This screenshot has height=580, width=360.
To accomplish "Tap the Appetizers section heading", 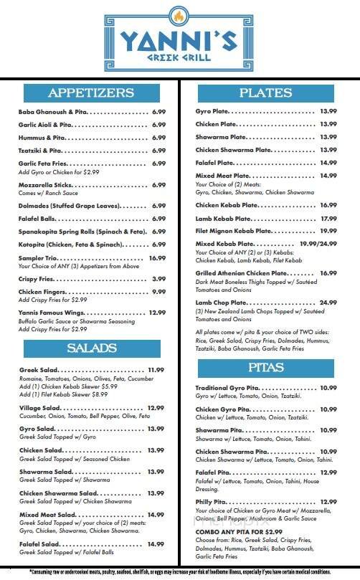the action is (91, 92).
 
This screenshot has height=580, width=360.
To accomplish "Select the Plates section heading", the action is (266, 92).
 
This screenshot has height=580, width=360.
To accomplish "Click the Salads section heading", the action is (91, 348).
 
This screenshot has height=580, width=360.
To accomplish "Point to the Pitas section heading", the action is (266, 368).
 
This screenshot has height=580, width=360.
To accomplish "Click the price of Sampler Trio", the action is (157, 257).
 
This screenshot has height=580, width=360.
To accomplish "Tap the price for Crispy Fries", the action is (159, 278).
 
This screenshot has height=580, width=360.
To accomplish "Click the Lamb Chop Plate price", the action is (328, 302).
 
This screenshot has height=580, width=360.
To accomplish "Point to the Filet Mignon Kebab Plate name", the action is (231, 231).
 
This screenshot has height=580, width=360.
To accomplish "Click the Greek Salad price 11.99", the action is (156, 369).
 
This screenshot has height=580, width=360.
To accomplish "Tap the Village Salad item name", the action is (39, 407).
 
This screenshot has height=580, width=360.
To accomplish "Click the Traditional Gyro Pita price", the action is (328, 388).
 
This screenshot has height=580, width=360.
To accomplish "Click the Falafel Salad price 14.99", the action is (156, 544).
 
